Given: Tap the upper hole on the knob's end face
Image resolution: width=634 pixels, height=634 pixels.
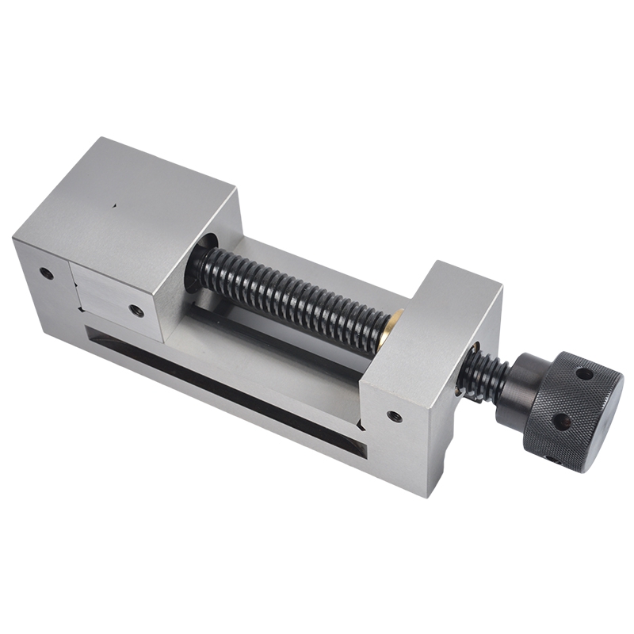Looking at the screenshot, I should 585,372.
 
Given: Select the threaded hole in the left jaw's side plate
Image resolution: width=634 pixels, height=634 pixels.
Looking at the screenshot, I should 137,311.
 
